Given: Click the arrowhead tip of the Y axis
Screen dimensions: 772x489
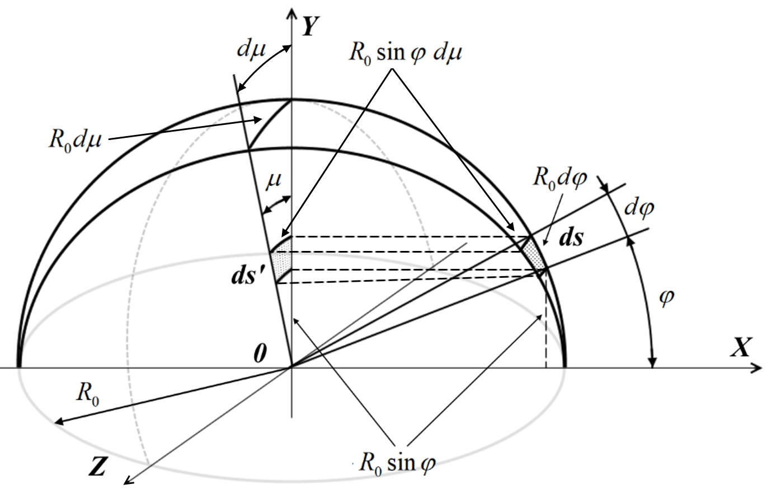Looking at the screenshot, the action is coord(292,8).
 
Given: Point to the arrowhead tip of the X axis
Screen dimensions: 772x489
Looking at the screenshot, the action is coord(762,368).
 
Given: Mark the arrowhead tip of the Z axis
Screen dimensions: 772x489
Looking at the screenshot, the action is coord(124,484).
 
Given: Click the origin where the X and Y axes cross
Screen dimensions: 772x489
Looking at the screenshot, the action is coord(292,368).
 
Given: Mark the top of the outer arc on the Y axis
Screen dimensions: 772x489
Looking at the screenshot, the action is coord(292,100).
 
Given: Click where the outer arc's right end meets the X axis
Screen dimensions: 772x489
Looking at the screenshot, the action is coord(565,368).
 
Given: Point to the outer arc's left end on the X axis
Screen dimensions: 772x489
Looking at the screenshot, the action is coord(19,368).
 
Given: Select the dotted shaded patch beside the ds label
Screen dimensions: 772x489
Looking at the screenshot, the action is coord(533,254).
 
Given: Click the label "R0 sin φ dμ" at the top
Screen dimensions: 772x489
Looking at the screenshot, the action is coord(405,54).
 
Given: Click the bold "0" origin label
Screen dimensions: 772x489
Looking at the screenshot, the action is coord(260,353).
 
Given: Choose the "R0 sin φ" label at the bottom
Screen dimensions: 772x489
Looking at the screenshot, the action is coord(397,463).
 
